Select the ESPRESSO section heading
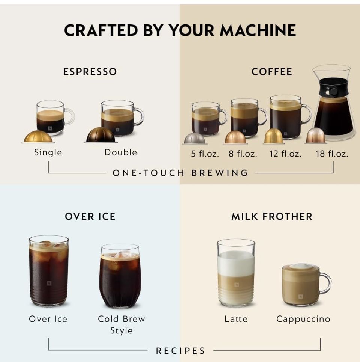point(90,72)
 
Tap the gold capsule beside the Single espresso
point(38,137)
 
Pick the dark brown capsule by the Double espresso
point(100,134)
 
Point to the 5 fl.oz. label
point(205,154)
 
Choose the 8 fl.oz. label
point(243,154)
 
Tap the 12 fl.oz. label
point(285,154)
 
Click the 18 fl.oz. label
point(332,154)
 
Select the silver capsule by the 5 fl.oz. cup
point(195,139)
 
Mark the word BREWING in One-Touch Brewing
point(219,173)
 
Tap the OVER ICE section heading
point(90,217)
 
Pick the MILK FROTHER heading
point(272,217)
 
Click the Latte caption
point(236,319)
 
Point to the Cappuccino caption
point(303,320)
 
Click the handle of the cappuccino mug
point(326,283)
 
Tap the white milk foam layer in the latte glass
point(236,263)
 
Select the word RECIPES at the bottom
point(180,351)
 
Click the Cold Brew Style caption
point(121,325)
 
